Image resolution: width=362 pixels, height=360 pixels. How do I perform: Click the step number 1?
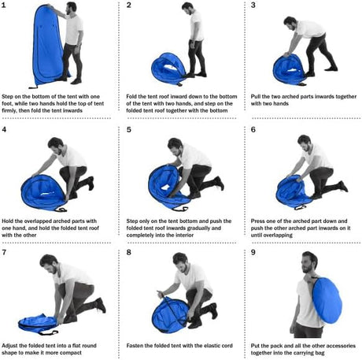pos(3,5)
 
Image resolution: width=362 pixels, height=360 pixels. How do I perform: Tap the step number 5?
pos(128,129)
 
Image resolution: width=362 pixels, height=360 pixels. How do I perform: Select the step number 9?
pos(253,252)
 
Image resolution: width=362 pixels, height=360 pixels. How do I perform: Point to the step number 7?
pos(4,252)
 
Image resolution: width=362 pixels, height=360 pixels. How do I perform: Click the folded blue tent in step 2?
pos(168,69)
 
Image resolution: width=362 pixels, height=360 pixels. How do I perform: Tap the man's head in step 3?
pos(290,23)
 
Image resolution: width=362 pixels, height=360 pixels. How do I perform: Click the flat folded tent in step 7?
pos(38,324)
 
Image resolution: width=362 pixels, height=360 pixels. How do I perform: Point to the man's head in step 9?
pos(308,262)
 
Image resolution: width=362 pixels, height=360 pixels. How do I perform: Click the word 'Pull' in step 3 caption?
pos(256,96)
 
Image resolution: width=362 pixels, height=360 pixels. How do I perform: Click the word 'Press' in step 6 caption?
pos(257,221)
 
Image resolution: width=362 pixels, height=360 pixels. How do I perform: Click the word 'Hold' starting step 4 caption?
pos(7,221)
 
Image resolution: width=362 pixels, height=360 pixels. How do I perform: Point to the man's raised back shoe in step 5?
pos(220,183)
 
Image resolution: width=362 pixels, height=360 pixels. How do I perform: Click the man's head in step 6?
pos(305,143)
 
